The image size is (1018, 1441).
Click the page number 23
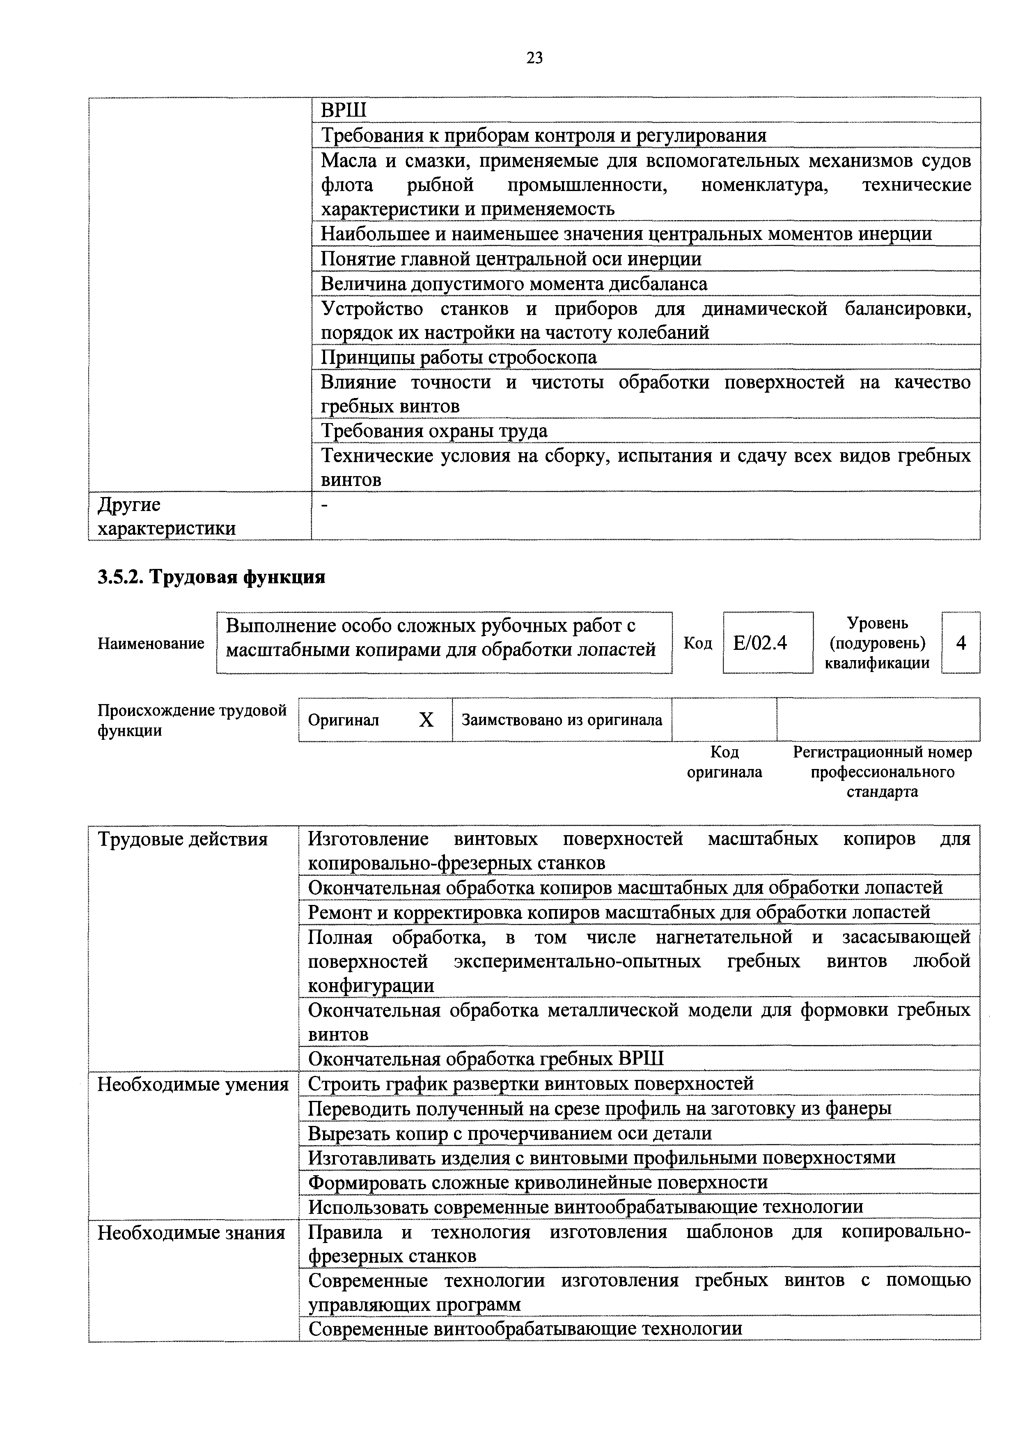point(534,58)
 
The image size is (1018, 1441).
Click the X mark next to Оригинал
point(426,720)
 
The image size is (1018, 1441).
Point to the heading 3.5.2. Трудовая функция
point(211,577)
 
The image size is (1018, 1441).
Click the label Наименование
point(151,643)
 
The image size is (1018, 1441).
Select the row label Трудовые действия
point(183,839)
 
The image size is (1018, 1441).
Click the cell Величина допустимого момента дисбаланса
point(514,284)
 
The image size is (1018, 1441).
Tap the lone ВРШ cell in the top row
point(343,111)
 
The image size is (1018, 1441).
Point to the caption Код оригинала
point(725,762)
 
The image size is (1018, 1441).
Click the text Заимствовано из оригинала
point(562,720)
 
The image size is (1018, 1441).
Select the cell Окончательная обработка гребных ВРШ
point(486,1059)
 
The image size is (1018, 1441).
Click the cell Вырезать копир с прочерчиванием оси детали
point(510,1133)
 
